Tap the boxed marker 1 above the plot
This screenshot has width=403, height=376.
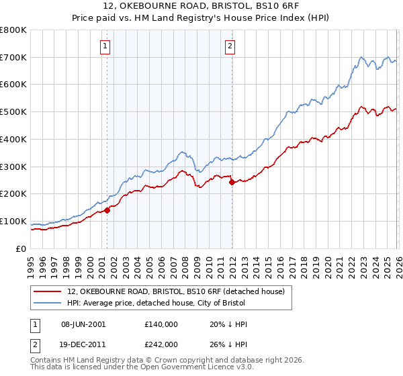(105, 46)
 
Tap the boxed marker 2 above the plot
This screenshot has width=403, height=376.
(230, 46)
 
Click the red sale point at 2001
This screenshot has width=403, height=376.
(107, 210)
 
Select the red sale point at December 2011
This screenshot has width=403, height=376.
(232, 182)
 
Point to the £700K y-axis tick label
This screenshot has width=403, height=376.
(13, 58)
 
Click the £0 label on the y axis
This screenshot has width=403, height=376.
(21, 248)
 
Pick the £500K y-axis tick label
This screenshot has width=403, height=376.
(13, 112)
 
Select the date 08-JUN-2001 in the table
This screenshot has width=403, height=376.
(83, 324)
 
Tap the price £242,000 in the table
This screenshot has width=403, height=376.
(161, 344)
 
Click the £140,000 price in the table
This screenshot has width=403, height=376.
(161, 324)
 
